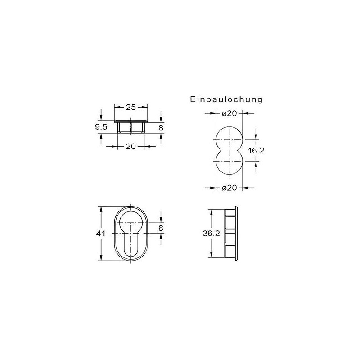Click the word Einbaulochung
tap(226, 99)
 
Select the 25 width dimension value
tap(131, 107)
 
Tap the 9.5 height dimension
tap(101, 127)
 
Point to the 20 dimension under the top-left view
tap(131, 146)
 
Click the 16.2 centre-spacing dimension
tap(256, 151)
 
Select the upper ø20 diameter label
tap(229, 113)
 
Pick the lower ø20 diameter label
tap(229, 188)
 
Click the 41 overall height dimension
tap(100, 234)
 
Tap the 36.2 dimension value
tap(211, 234)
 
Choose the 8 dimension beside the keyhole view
tap(161, 228)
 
